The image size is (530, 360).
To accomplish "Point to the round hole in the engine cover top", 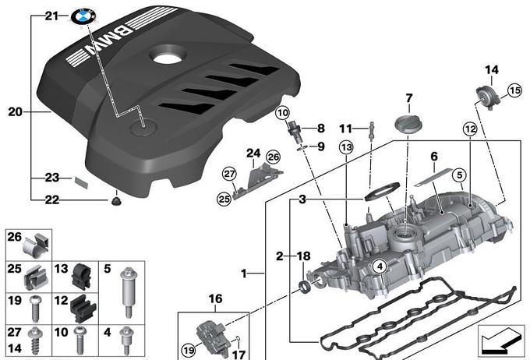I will pyautogui.click(x=167, y=57).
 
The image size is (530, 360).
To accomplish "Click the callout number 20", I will pyautogui.click(x=16, y=112).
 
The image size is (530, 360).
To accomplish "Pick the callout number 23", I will pyautogui.click(x=51, y=178).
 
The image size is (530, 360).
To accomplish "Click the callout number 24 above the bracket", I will pyautogui.click(x=253, y=152).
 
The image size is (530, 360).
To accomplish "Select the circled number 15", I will pyautogui.click(x=514, y=91).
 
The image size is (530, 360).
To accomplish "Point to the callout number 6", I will pyautogui.click(x=434, y=157).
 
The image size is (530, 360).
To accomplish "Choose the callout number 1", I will pyautogui.click(x=244, y=274).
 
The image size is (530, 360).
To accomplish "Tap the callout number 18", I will pyautogui.click(x=304, y=255).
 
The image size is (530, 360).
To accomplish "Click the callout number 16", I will pyautogui.click(x=215, y=298).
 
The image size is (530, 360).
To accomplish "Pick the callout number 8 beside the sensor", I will pyautogui.click(x=321, y=127).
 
